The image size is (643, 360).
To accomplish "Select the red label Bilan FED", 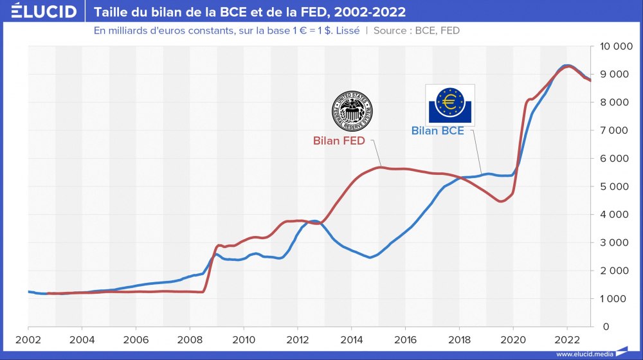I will point(339,140).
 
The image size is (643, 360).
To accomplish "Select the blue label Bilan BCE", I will point(437,131).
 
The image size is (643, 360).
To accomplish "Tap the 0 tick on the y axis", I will point(623,327).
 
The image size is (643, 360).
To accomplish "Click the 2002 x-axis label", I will point(28,339).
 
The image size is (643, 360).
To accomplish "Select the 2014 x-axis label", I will point(351,339).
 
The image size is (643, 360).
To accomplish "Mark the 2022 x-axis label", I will point(566,339).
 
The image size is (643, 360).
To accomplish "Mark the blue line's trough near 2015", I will point(369,257).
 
